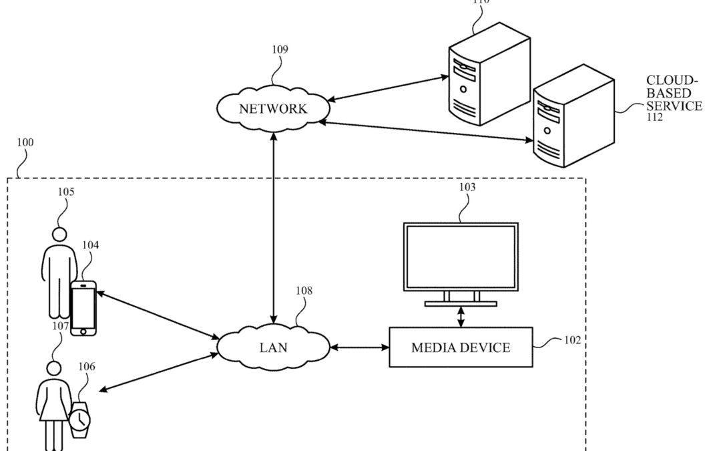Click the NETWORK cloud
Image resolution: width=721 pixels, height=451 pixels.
273,108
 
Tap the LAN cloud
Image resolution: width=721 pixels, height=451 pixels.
274,347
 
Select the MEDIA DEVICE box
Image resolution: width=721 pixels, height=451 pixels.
461,347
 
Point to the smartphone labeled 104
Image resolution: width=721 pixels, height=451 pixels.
83,308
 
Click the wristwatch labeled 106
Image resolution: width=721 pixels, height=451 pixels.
79,419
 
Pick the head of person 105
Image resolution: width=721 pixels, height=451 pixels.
59,235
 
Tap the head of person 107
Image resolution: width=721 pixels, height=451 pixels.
53,369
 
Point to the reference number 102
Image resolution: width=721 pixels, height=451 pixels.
572,339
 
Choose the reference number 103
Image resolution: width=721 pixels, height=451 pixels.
467,188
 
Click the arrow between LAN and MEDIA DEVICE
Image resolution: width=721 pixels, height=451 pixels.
359,347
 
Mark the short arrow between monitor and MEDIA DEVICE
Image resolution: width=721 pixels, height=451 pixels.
461,317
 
